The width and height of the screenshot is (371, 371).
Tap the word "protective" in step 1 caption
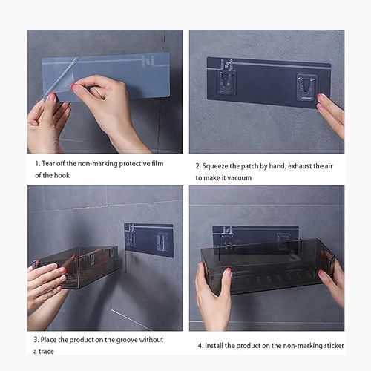134,164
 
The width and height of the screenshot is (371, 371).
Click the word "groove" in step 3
127,340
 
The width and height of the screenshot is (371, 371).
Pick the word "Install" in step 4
214,345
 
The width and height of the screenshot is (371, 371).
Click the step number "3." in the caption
36,340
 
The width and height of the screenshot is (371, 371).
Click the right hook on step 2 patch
306,87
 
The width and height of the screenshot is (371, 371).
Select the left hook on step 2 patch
226,82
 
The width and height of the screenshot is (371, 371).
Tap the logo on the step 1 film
148,61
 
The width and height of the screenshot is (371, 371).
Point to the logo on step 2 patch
226,65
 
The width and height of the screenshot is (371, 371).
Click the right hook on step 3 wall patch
161,241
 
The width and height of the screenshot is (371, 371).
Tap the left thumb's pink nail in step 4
228,272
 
